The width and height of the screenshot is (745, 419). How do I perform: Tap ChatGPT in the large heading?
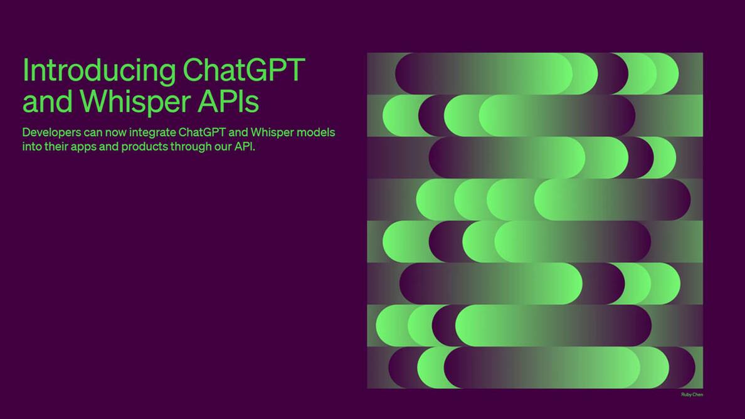pos(244,70)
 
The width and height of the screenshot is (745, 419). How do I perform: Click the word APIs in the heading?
pos(228,101)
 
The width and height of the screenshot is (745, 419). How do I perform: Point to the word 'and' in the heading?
pos(48,101)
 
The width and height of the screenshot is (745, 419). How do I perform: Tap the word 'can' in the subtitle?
pos(93,132)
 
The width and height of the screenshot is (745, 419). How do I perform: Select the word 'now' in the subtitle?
pos(115,132)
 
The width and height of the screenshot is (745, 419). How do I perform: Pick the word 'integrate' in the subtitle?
pos(152,133)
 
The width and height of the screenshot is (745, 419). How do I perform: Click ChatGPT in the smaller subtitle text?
pos(202,132)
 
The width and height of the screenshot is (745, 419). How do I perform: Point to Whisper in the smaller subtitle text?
pos(272,132)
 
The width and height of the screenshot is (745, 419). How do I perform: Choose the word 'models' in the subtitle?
pos(316,132)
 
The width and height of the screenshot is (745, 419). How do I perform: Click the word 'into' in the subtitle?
pos(32,146)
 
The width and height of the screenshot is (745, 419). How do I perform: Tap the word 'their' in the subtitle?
pos(56,146)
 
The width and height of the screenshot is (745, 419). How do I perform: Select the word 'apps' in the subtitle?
pos(83,147)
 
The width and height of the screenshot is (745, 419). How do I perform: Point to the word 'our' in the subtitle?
pos(223,147)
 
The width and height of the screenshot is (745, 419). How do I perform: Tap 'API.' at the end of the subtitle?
pos(245,146)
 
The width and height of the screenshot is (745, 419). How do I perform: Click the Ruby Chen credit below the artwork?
pos(692,395)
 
